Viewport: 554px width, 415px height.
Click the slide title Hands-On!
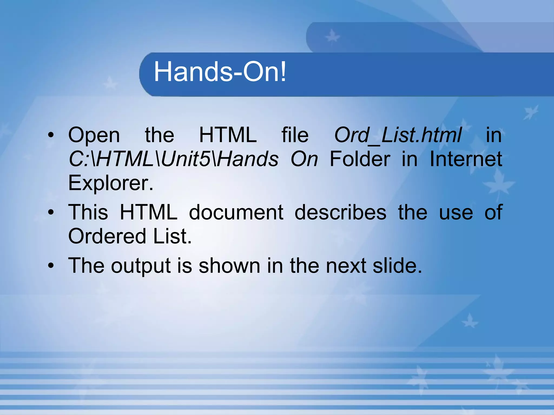[x=220, y=72]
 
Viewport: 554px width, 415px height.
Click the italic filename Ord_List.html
[x=398, y=135]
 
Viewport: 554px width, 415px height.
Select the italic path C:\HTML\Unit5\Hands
[x=173, y=159]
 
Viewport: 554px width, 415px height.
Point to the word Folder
[x=360, y=159]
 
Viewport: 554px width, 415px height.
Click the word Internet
[x=466, y=159]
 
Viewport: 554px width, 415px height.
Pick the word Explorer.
[x=111, y=183]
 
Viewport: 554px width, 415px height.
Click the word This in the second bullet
[x=88, y=212]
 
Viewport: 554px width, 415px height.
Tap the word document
[x=236, y=212]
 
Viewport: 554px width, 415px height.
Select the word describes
[x=340, y=212]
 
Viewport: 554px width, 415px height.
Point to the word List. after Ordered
[x=172, y=236]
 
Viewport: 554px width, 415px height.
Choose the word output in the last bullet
[x=141, y=266]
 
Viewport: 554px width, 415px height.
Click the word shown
[x=229, y=266]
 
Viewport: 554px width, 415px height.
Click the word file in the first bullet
[x=295, y=135]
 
